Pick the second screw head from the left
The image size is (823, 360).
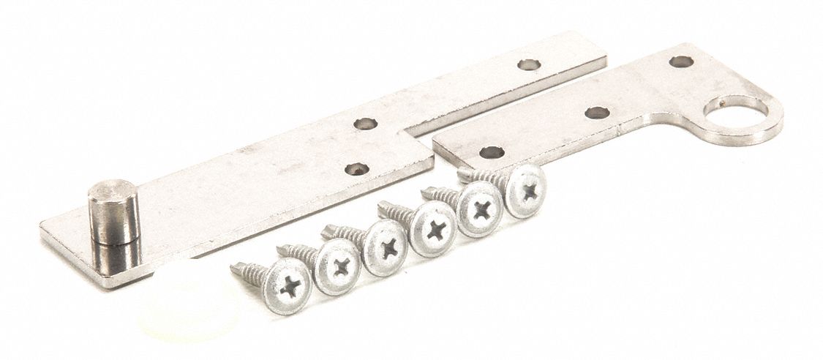click(x=338, y=267)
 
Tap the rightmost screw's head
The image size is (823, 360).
click(x=525, y=190)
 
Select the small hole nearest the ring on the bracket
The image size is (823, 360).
click(x=681, y=61)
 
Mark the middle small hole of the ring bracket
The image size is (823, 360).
click(x=597, y=113)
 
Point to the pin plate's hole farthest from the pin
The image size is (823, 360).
click(x=528, y=64)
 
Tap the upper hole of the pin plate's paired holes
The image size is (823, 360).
click(x=365, y=123)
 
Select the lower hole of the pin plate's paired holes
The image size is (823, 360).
click(x=356, y=170)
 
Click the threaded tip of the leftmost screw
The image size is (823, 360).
click(x=238, y=268)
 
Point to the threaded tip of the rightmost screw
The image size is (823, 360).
click(x=465, y=173)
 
